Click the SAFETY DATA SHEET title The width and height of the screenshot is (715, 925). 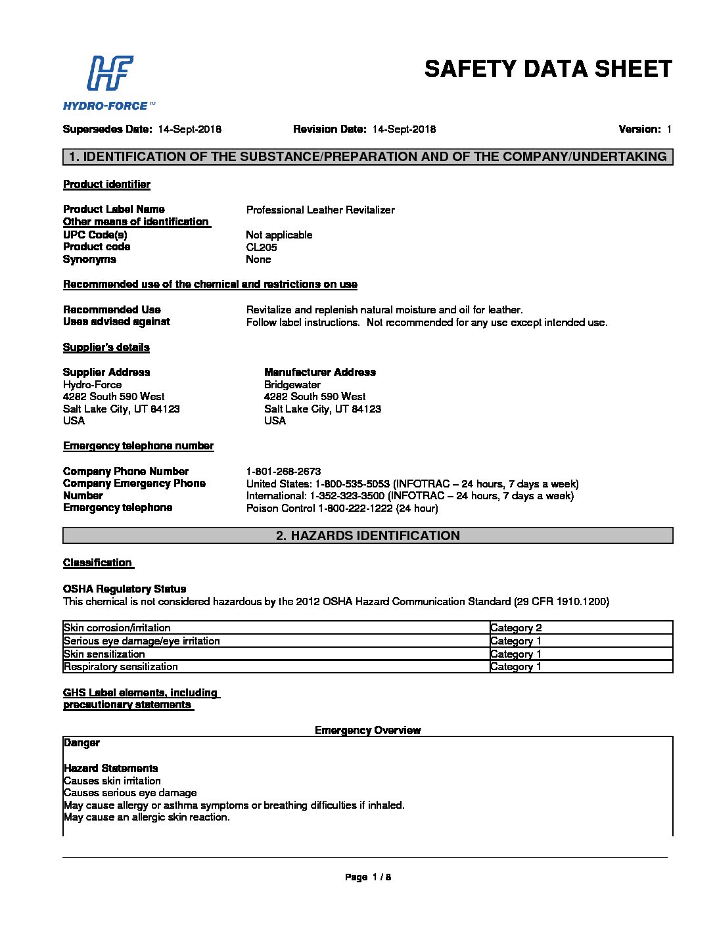(x=548, y=69)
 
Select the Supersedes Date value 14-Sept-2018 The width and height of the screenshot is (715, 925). (x=189, y=129)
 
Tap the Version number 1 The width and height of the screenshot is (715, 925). (x=669, y=129)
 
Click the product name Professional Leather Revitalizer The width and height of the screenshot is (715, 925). (x=320, y=210)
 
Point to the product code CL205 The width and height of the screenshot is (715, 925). (x=262, y=248)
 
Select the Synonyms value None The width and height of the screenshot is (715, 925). (x=258, y=259)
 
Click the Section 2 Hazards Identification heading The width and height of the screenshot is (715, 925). (x=367, y=536)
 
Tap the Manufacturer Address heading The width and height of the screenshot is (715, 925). (x=319, y=372)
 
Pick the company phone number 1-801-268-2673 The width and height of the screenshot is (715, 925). (x=283, y=472)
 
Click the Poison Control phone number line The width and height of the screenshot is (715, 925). (x=342, y=508)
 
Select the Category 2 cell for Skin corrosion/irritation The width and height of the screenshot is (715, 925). (x=516, y=628)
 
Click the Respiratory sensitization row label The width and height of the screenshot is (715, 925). (x=121, y=667)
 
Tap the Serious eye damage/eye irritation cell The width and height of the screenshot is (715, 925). (x=142, y=641)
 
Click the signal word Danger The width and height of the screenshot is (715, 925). (x=81, y=743)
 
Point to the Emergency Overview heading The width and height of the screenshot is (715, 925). (x=367, y=731)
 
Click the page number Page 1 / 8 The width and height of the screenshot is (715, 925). (x=367, y=877)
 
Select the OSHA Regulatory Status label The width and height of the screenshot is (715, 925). (x=124, y=589)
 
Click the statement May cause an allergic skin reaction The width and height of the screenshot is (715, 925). (x=147, y=818)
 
